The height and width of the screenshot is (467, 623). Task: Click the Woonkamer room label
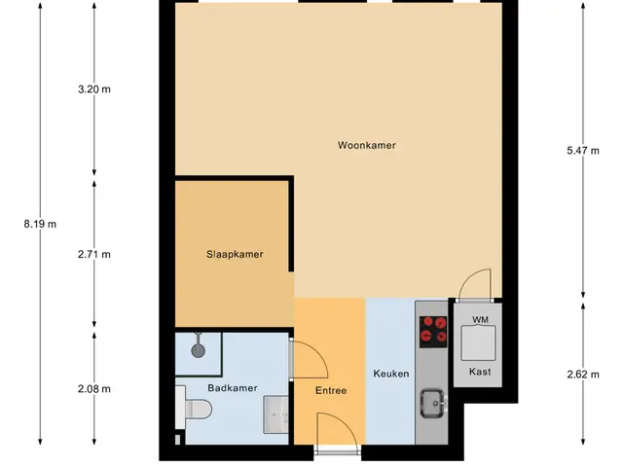(x=367, y=145)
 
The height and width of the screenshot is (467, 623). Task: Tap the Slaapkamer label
(x=235, y=254)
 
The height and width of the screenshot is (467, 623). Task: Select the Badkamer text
(x=233, y=388)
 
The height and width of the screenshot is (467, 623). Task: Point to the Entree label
(x=331, y=391)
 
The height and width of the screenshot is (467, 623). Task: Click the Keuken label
(x=391, y=374)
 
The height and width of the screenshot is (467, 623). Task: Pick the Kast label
(x=480, y=372)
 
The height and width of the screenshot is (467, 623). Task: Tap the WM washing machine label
(x=480, y=320)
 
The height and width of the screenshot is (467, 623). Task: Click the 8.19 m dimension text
(x=40, y=225)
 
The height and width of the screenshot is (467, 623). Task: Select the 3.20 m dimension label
(x=94, y=90)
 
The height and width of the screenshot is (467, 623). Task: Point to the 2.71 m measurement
(x=94, y=254)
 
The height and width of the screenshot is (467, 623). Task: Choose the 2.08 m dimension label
(x=94, y=389)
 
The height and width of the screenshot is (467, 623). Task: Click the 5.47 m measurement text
(x=583, y=151)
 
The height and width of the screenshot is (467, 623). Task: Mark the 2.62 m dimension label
(x=583, y=375)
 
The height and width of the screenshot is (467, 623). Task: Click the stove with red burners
(x=433, y=332)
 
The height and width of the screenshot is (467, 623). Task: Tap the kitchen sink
(x=433, y=404)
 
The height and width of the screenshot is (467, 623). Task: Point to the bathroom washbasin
(x=276, y=414)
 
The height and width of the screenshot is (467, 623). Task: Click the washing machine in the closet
(x=478, y=343)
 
